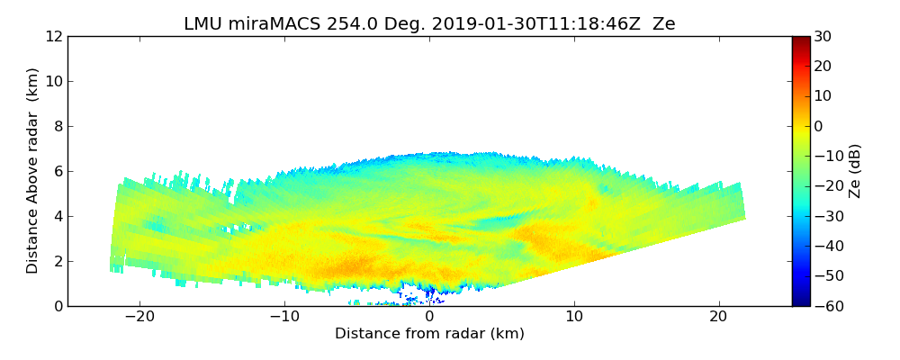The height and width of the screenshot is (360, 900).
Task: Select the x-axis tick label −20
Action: pos(139,318)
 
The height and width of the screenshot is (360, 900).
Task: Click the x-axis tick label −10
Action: pos(284,318)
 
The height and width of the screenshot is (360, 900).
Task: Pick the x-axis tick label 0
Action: pos(429,318)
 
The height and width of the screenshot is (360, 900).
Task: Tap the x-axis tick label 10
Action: pos(574,318)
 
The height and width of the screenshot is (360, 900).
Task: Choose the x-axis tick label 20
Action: pos(718,318)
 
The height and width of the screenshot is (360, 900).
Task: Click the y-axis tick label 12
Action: pos(53,36)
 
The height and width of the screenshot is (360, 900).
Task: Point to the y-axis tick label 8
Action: pos(58,126)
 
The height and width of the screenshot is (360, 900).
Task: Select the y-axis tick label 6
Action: pos(58,171)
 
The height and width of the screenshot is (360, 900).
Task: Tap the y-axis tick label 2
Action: pos(58,261)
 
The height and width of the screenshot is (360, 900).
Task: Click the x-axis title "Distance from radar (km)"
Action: pos(429,334)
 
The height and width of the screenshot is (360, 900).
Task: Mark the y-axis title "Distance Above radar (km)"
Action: pos(33,171)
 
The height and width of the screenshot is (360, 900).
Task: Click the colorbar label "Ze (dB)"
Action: pos(855,171)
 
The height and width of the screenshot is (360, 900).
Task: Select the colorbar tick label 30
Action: pos(822,36)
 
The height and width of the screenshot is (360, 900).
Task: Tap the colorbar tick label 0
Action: pos(818,126)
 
